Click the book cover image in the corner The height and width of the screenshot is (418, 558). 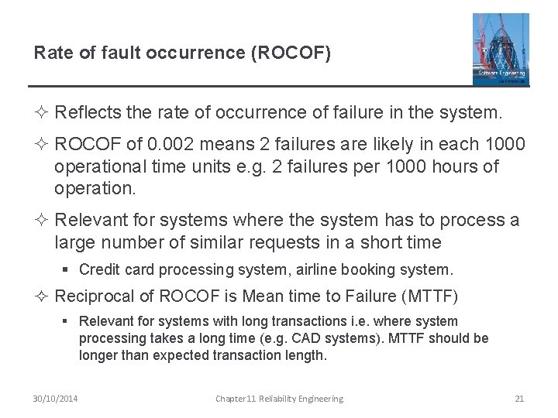coord(501,49)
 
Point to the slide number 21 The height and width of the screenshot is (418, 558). coord(519,399)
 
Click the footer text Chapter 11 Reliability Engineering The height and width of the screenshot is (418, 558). coord(279,399)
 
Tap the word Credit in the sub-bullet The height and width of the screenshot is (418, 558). coord(96,270)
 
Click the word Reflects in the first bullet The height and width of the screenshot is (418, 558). coord(88,113)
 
